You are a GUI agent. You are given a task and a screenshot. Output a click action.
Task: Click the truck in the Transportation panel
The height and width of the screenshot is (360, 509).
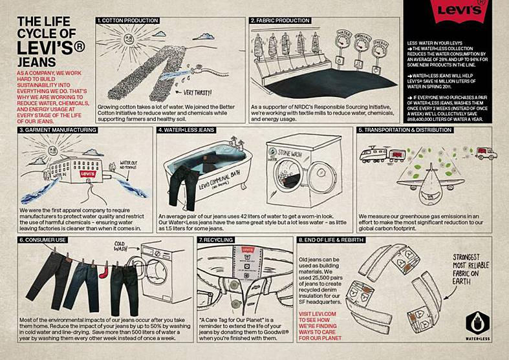point(486,153)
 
